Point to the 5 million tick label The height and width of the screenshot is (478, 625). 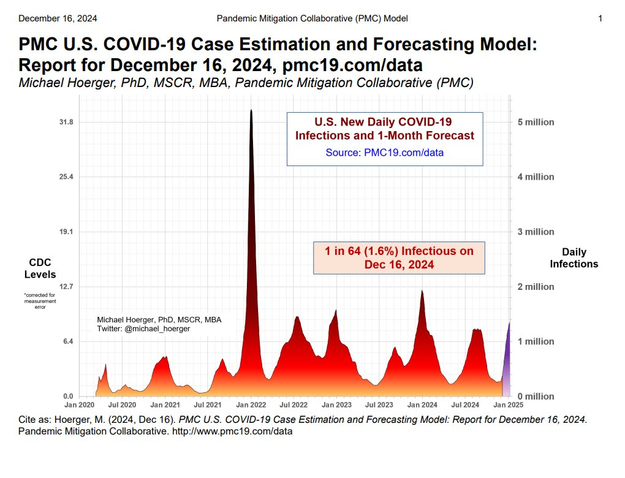pyautogui.click(x=532, y=122)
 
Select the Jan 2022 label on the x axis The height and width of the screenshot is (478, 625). pyautogui.click(x=251, y=405)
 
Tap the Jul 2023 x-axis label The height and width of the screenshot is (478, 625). pyautogui.click(x=379, y=405)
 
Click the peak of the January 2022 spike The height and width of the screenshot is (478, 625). pyautogui.click(x=251, y=111)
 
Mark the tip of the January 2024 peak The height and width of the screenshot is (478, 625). pyautogui.click(x=422, y=291)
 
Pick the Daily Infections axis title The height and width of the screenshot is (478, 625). pyautogui.click(x=574, y=258)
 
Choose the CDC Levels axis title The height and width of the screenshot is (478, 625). pyautogui.click(x=40, y=269)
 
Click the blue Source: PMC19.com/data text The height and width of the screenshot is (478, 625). pyautogui.click(x=384, y=153)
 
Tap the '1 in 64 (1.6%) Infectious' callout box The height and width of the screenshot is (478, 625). pyautogui.click(x=399, y=258)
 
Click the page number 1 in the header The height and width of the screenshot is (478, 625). pyautogui.click(x=600, y=18)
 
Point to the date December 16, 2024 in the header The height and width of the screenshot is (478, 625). pyautogui.click(x=58, y=18)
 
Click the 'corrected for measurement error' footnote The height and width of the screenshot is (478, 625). pyautogui.click(x=40, y=301)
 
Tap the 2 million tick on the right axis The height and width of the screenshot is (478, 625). pyautogui.click(x=532, y=287)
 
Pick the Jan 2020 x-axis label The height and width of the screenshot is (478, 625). pyautogui.click(x=79, y=405)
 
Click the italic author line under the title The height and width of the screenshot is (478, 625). pyautogui.click(x=246, y=83)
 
